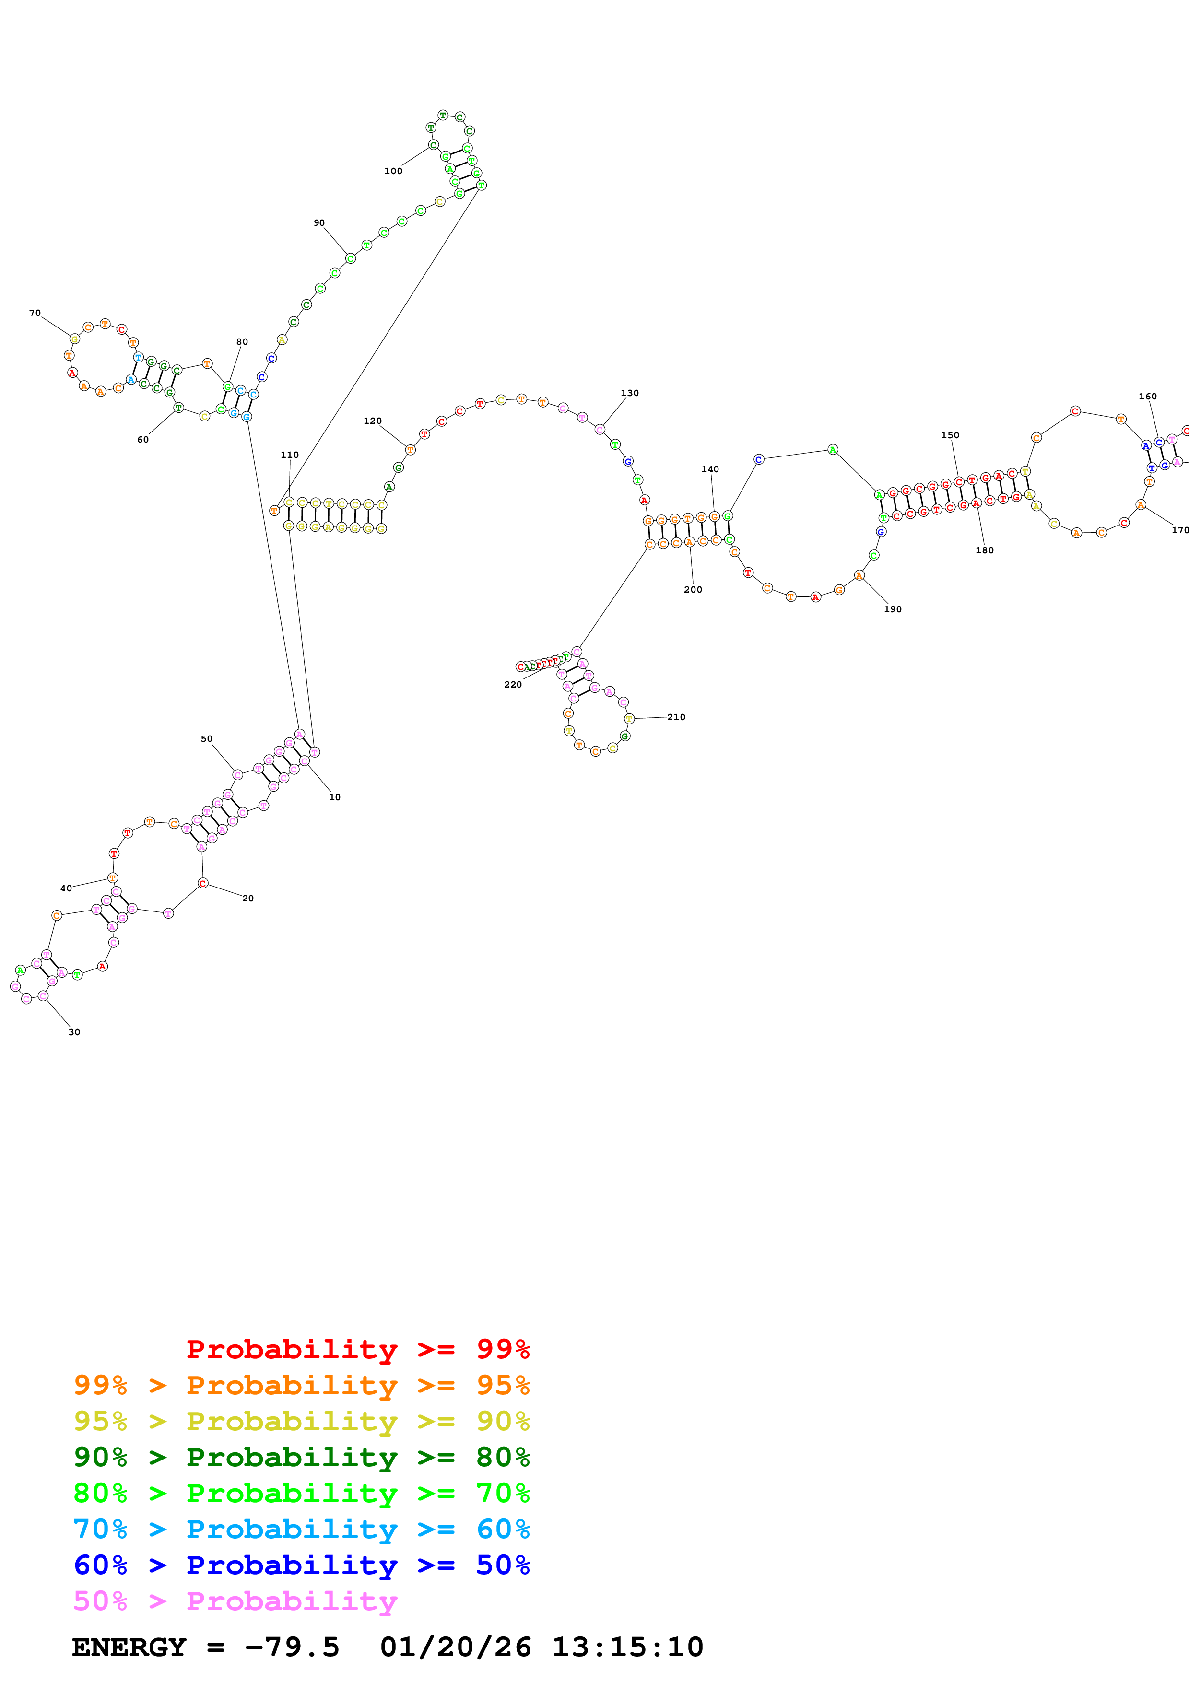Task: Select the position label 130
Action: click(x=629, y=393)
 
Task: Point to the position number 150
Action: click(x=950, y=435)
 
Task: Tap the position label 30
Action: click(x=74, y=1032)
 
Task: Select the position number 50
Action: click(x=207, y=739)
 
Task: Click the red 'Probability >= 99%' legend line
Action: click(x=357, y=1349)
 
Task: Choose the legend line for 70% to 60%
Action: click(x=301, y=1529)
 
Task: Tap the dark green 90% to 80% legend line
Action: click(x=301, y=1457)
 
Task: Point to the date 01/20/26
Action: click(x=455, y=1647)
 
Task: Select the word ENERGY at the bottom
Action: click(x=129, y=1647)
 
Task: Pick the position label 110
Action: click(x=289, y=455)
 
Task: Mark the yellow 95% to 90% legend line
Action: click(x=301, y=1421)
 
